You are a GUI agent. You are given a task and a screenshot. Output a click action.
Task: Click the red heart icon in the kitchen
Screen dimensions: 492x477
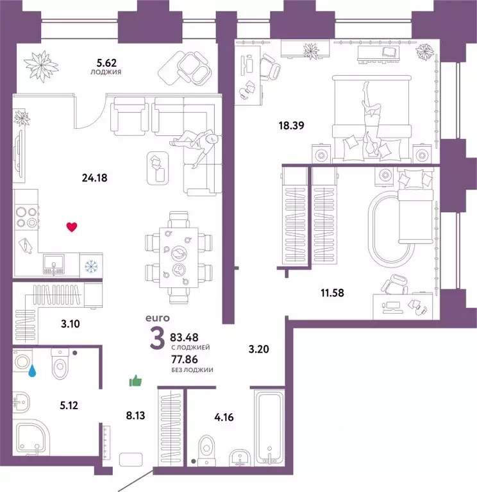(x=72, y=226)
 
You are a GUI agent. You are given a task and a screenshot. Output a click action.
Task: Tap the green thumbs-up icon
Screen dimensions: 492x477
(x=135, y=382)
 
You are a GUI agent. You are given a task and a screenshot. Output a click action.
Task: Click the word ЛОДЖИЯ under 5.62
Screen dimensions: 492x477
(x=107, y=72)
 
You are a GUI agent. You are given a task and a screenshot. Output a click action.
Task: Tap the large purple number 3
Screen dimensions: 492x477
(x=156, y=339)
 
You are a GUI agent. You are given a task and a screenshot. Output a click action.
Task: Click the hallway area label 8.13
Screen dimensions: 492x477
(x=135, y=415)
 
